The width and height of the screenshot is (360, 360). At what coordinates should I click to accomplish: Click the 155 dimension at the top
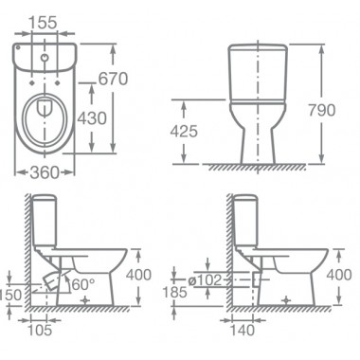pos(43,23)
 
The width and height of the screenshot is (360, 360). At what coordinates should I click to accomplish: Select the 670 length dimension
pos(113,79)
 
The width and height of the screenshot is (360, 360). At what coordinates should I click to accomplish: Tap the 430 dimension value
pos(92,118)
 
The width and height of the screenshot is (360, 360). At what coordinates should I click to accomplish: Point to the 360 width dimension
pos(45,172)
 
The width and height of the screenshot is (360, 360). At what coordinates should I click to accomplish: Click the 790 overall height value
pos(321,110)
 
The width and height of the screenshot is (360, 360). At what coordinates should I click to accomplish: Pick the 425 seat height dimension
pos(184,131)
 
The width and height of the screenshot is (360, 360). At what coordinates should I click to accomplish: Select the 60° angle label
pos(81,285)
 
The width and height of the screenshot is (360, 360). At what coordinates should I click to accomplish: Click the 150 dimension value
pos(10,296)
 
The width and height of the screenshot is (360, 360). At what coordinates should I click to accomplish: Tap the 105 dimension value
pos(40,331)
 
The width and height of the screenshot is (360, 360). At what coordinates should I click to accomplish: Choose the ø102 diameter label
pos(205,280)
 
